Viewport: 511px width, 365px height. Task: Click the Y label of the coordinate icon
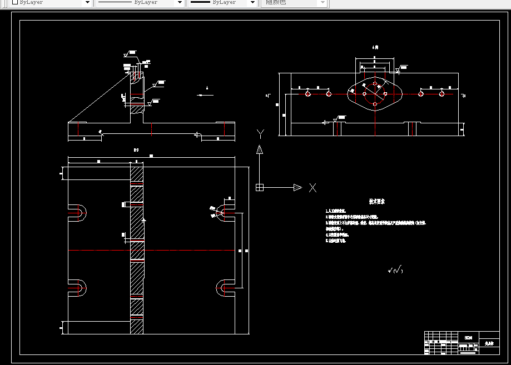click(260, 133)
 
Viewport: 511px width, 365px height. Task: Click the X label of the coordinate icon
click(312, 188)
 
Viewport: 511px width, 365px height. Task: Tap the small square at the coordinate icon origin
click(259, 187)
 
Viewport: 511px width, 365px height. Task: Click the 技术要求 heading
click(377, 201)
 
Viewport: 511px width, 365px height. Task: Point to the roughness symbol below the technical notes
click(395, 271)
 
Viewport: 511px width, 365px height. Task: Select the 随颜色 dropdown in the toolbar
click(295, 3)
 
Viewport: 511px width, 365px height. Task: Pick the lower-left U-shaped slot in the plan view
click(78, 288)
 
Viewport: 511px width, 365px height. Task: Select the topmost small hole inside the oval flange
click(375, 83)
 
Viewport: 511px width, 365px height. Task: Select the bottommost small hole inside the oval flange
click(375, 104)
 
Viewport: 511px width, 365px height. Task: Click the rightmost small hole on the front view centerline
click(442, 94)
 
